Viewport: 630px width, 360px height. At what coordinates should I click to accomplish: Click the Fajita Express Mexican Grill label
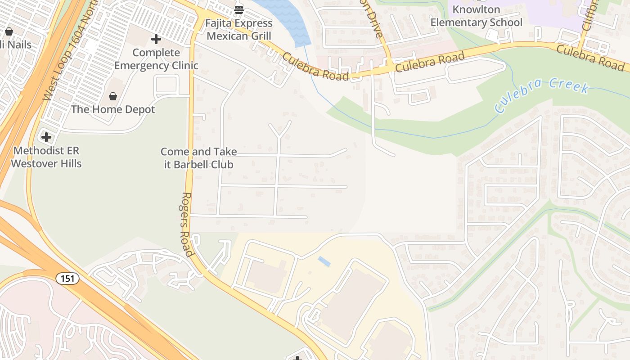239,29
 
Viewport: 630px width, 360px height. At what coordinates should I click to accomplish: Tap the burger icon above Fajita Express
239,9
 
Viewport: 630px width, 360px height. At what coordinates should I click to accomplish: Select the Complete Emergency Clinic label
156,59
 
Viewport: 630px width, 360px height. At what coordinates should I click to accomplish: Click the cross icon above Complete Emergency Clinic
156,40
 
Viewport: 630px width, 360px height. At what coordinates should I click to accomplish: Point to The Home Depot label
113,109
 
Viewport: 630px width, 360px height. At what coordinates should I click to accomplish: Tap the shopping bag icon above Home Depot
113,96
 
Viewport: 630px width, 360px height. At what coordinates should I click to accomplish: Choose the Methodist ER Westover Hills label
46,157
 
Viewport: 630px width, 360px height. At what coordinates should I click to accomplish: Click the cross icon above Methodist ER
46,137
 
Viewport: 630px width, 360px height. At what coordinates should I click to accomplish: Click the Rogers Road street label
188,224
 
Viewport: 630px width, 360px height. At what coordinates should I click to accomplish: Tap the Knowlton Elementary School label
476,16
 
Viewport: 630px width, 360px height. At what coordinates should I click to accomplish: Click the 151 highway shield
67,279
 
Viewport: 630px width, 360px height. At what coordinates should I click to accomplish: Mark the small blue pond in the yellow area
324,261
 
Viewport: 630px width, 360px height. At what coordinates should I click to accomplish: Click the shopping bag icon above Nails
9,31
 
